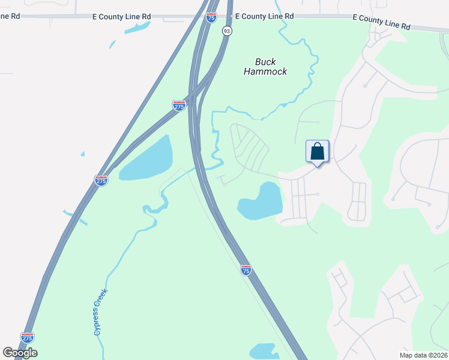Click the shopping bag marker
click(318, 151)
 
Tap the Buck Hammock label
click(265, 67)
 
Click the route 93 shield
click(226, 31)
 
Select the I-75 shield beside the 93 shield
click(211, 17)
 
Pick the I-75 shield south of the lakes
click(246, 270)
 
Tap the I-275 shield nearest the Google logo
click(27, 338)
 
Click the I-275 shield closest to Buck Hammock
click(179, 106)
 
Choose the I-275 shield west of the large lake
click(101, 180)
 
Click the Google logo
click(20, 353)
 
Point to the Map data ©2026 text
click(423, 355)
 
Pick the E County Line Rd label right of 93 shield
click(265, 17)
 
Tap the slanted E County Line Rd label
click(381, 23)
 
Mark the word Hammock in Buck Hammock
click(265, 71)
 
